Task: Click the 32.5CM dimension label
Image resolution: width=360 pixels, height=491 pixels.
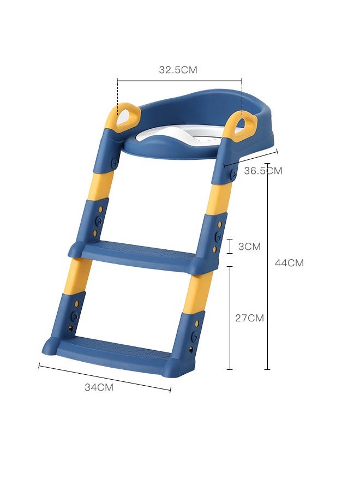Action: coord(178,69)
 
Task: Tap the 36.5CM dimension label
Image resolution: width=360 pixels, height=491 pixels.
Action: coord(263,171)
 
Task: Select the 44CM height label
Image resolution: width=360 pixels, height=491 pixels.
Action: coord(289,263)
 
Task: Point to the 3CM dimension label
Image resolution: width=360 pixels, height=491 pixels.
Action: coord(249,247)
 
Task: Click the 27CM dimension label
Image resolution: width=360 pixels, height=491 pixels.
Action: coord(249,318)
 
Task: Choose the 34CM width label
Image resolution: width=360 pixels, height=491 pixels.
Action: coord(99,387)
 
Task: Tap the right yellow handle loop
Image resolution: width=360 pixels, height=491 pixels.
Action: coord(242,124)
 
